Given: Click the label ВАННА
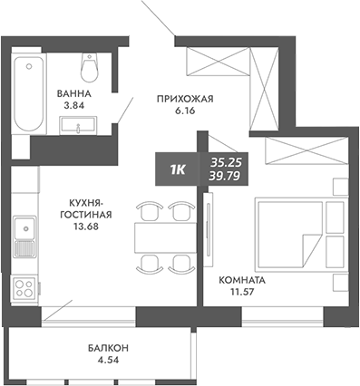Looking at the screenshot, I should [71, 92].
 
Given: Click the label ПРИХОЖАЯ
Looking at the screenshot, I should [184, 99].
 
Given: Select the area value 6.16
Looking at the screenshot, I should [184, 112].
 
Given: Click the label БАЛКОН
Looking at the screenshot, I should [108, 348].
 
